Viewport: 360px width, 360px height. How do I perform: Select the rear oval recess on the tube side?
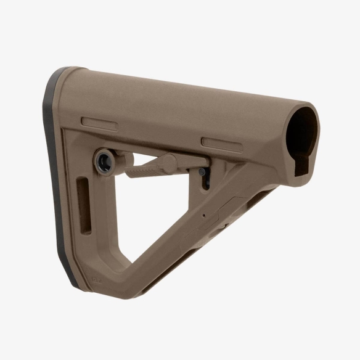(99, 122)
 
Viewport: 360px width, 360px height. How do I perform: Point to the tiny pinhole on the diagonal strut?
(203, 216)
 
